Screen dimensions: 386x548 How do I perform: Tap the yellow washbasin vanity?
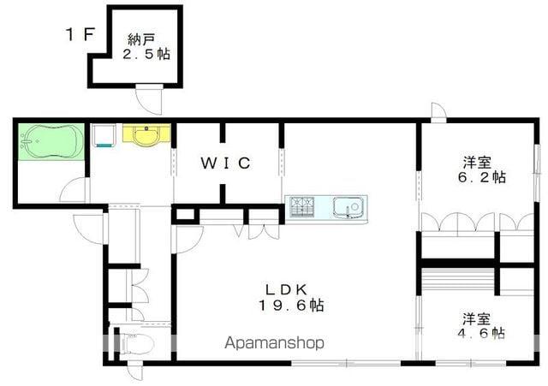[x=146, y=136]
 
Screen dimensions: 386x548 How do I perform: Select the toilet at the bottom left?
[x=137, y=344]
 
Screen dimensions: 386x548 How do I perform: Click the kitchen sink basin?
[x=349, y=206]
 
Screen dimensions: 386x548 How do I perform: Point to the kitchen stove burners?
[x=302, y=206]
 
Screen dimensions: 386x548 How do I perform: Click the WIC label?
[x=226, y=163]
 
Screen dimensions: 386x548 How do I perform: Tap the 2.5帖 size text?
[x=147, y=54]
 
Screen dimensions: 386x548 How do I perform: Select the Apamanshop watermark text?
[x=275, y=343]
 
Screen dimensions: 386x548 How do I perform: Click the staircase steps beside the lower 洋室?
[x=459, y=279]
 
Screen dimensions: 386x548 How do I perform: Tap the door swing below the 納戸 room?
[x=152, y=100]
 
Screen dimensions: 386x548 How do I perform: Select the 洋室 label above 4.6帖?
[x=478, y=316]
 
